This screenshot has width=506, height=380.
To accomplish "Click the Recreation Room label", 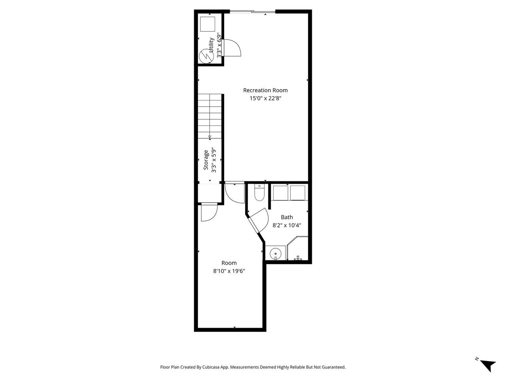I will [x=265, y=90].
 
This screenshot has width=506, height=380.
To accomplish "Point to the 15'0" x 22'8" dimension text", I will [x=265, y=99].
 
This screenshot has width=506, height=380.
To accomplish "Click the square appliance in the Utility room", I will [x=208, y=24].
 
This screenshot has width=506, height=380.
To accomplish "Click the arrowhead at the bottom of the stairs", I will [x=210, y=137].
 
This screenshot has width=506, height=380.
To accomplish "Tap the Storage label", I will [x=206, y=160].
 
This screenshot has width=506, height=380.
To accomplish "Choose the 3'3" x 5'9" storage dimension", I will [x=214, y=160].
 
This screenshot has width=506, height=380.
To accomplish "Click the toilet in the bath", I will [x=259, y=193].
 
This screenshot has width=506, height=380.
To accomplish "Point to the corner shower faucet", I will [x=298, y=258].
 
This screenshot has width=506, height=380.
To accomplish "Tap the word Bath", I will [x=287, y=217].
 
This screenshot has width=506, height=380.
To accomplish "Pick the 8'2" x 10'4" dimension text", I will [x=287, y=225].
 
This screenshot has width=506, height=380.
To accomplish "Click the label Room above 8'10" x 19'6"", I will [x=229, y=263].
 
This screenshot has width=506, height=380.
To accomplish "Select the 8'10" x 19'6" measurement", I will [x=229, y=271].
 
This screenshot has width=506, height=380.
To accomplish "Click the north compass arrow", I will [x=488, y=365].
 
